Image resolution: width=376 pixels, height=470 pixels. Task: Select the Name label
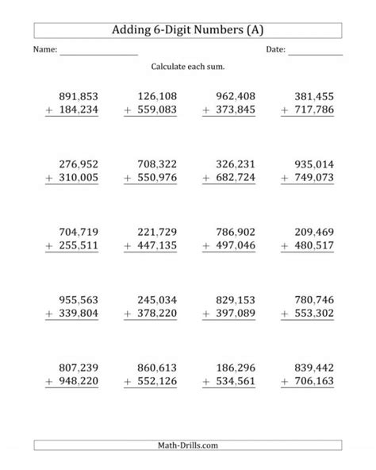(44, 50)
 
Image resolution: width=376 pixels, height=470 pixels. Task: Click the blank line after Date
(315, 52)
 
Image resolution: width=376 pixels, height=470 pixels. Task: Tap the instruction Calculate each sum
(188, 67)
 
